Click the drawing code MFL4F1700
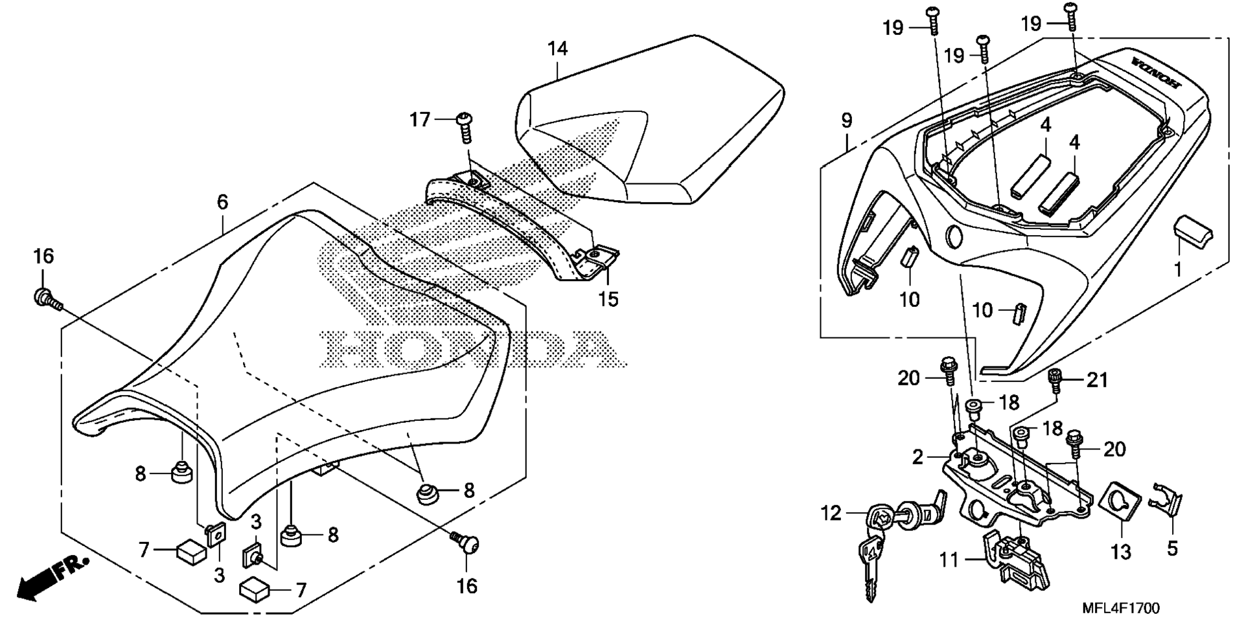1121,608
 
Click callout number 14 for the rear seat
557,49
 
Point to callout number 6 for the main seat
222,203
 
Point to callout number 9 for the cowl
847,120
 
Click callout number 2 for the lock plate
917,457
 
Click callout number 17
420,120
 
